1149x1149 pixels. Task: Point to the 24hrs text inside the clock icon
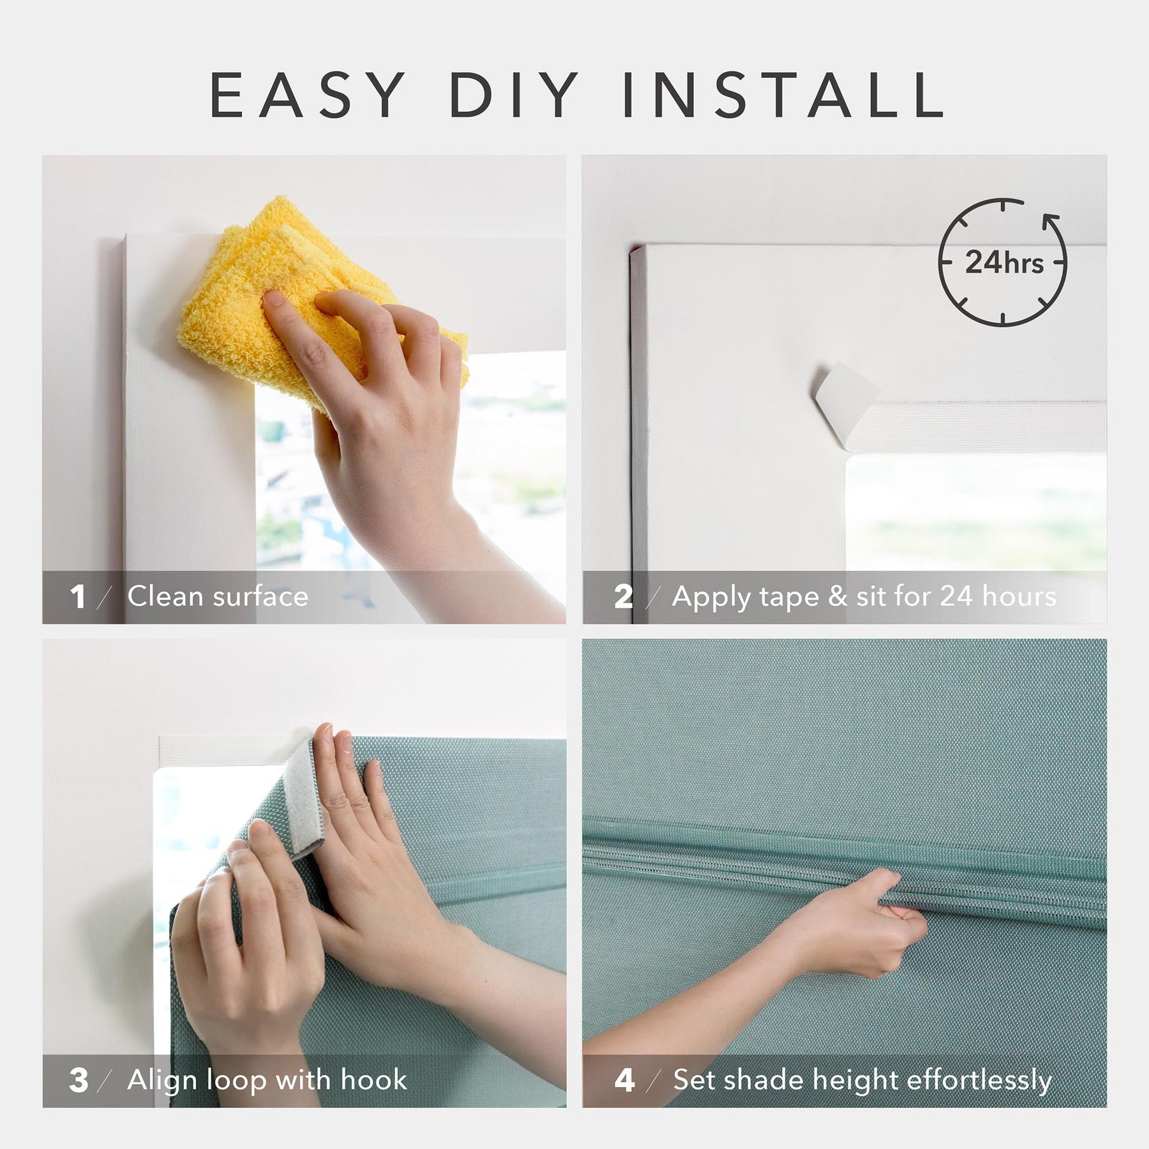pos(1003,262)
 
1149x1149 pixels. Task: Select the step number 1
pos(78,597)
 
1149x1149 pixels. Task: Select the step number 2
pos(623,597)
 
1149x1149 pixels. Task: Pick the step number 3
pos(79,1080)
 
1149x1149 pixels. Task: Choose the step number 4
pos(624,1080)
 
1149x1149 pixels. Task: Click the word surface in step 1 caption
pos(260,597)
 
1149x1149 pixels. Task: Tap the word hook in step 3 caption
pos(374,1079)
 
